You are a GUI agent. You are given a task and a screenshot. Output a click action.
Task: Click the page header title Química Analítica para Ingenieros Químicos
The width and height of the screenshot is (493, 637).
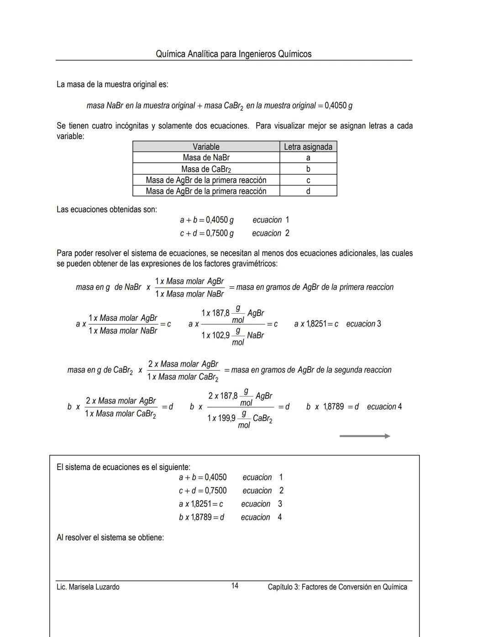point(233,54)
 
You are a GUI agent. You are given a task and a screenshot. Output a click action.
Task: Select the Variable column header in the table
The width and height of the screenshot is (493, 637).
point(206,146)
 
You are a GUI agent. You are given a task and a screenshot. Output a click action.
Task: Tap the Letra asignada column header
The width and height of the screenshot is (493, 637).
point(308,146)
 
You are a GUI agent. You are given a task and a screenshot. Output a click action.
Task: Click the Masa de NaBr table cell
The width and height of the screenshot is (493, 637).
point(206,157)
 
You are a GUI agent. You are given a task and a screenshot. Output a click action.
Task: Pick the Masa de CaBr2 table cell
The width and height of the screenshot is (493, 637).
point(206,169)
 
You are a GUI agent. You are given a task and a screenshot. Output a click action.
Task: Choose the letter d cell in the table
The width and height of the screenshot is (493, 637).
point(308,191)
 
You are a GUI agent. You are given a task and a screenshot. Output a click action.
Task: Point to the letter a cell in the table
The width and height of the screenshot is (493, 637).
point(308,158)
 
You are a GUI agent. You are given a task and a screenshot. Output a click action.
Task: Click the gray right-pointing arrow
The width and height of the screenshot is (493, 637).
point(364,436)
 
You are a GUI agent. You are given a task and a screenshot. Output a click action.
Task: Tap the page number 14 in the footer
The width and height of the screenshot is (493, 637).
point(235,585)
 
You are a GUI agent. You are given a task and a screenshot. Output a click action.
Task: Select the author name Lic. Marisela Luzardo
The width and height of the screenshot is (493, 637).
point(88,587)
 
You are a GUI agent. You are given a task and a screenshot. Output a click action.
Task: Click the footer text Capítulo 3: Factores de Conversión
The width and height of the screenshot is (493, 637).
point(337,587)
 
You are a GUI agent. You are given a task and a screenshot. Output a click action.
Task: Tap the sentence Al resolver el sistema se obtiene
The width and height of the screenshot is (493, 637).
point(110,537)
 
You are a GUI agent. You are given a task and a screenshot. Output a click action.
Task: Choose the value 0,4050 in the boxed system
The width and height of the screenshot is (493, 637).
point(215,477)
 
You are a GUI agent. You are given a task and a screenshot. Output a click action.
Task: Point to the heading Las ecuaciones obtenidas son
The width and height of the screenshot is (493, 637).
point(107,209)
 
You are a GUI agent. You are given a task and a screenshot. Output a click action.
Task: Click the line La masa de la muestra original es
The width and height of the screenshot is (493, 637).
point(112,84)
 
